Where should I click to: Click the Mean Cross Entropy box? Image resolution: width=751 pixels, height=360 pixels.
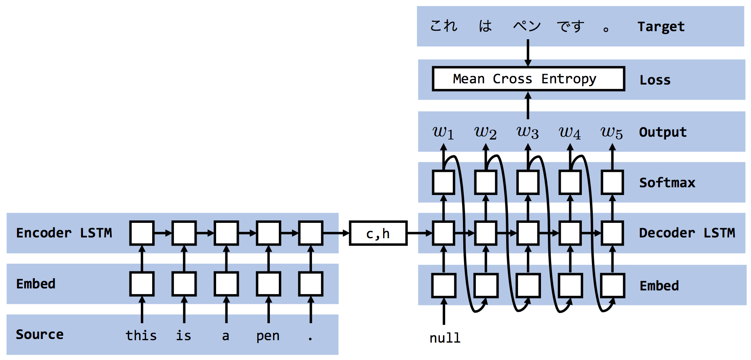coord(528,79)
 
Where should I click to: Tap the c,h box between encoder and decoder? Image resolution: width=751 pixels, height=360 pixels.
coord(378,233)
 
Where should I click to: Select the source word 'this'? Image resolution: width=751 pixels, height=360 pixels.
coord(141,335)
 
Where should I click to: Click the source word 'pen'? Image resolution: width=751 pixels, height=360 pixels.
coord(267,336)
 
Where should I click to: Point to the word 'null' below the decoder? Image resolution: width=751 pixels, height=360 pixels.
coord(445,338)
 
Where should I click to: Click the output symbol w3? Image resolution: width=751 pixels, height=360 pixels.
coord(528,132)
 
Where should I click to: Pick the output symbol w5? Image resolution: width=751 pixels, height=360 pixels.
coord(611,132)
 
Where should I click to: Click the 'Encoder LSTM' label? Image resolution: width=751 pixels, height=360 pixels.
coord(64,233)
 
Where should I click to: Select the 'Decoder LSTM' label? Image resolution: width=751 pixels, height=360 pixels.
coord(687,233)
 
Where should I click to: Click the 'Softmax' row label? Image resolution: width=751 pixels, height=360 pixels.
coord(667,182)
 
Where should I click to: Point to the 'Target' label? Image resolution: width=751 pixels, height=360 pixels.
coord(661,27)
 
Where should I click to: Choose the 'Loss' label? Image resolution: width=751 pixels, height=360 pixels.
coord(655,80)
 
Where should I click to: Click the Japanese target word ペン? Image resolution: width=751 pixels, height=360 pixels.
coord(527,26)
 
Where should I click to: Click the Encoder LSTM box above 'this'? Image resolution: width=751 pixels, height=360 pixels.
coord(142,233)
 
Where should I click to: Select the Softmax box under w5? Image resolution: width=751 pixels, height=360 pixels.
coord(612,182)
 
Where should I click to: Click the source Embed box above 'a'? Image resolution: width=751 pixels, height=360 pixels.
coord(226,284)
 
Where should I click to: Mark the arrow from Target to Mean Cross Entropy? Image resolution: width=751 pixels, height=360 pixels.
coord(528,53)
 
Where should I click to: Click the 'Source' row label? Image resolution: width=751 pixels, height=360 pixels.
coord(40,335)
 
